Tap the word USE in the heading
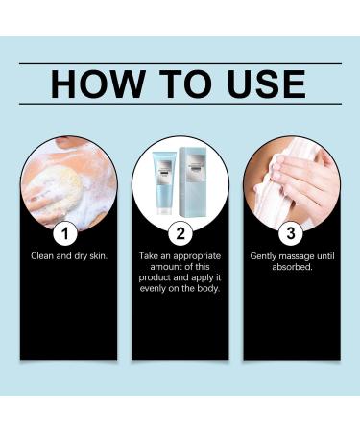[x=267, y=84]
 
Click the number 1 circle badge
[x=65, y=233]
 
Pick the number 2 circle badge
[x=180, y=233]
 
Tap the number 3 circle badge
[x=291, y=233]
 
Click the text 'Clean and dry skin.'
[x=69, y=256]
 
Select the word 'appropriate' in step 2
[x=197, y=256]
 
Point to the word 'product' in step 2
[x=153, y=277]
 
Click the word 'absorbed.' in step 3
[x=292, y=267]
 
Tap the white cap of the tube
[x=164, y=210]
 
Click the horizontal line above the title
[x=180, y=64]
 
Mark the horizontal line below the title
[x=180, y=104]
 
